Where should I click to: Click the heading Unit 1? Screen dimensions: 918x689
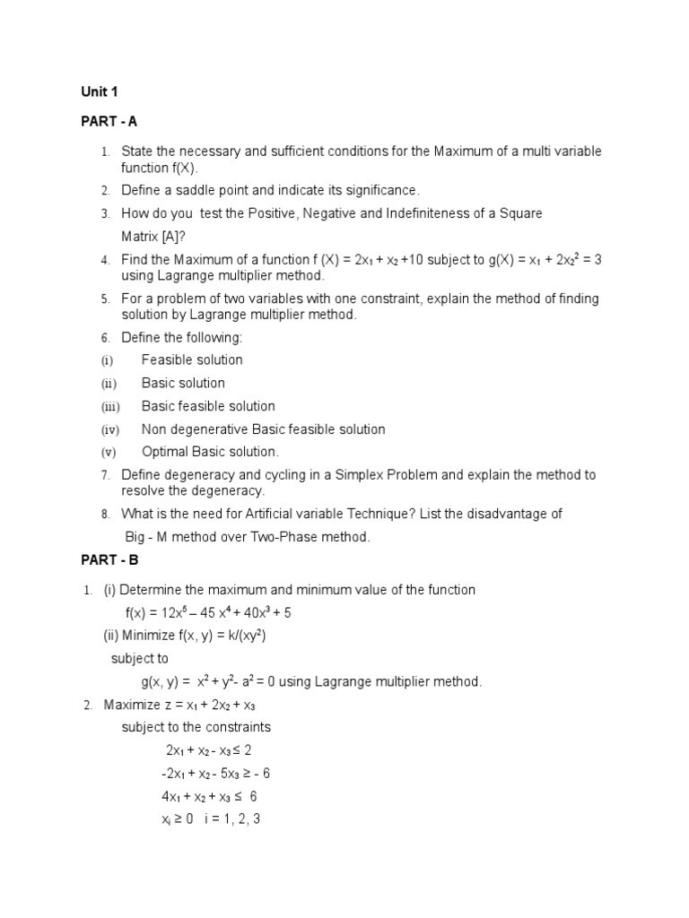[x=99, y=91]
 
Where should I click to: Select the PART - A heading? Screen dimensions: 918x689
[x=109, y=121]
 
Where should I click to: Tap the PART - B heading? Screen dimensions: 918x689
[x=109, y=560]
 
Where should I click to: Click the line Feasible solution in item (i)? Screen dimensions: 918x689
[x=192, y=359]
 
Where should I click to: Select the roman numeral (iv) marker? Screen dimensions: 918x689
[x=109, y=430]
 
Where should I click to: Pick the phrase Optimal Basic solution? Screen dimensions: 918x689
[x=210, y=452]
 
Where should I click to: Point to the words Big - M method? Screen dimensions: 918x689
[x=166, y=537]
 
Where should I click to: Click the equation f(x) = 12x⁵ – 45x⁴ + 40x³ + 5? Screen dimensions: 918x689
[x=208, y=613]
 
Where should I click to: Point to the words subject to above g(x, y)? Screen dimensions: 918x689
[x=140, y=658]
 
